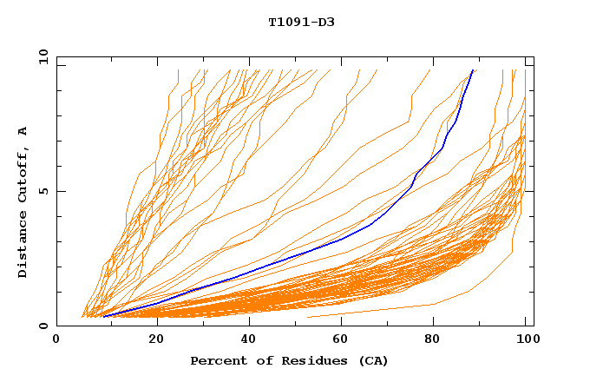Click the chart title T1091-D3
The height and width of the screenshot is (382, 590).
pos(301,22)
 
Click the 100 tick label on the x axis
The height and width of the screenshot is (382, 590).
pos(526,340)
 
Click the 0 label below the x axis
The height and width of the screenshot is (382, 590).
pos(56,340)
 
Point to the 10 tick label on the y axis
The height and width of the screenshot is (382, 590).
pos(41,56)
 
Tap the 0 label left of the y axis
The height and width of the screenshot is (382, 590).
pos(43,326)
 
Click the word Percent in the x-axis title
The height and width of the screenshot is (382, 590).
pos(217,360)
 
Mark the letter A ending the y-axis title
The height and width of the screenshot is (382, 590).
pos(23,130)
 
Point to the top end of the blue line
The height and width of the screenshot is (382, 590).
pos(473,69)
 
